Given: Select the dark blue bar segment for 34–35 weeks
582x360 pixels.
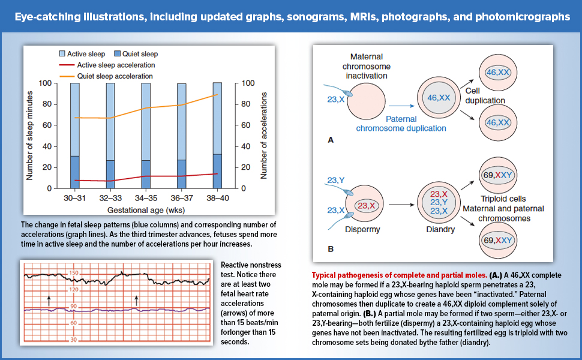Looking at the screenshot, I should (x=146, y=174).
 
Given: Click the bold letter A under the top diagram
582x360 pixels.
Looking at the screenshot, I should (x=329, y=140).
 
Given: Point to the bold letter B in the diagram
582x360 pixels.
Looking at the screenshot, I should (x=329, y=248).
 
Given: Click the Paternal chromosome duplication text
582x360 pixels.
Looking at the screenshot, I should (x=401, y=123).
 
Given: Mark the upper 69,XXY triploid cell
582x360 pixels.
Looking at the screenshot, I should (x=498, y=176).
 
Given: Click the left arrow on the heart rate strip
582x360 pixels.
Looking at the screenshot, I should (x=49, y=298).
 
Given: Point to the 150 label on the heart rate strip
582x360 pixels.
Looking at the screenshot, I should (x=73, y=273).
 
